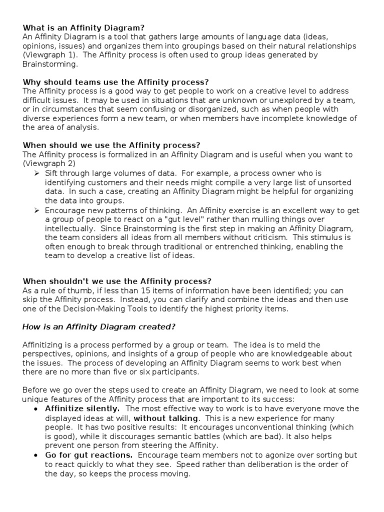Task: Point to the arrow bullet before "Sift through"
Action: click(x=36, y=173)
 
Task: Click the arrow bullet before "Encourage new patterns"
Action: click(x=36, y=210)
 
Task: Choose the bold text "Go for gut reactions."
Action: click(x=89, y=455)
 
